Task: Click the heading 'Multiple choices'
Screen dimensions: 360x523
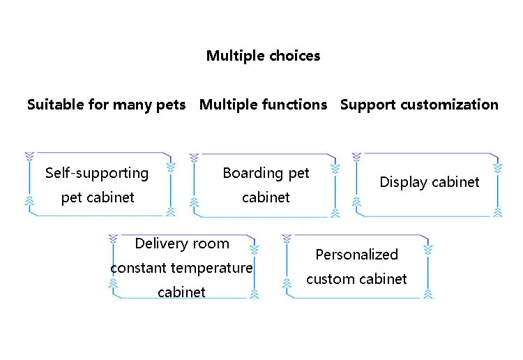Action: [263, 56]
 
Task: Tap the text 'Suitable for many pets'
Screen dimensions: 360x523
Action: [106, 105]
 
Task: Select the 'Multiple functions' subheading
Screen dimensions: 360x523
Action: [263, 105]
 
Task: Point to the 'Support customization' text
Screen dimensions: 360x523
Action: [419, 105]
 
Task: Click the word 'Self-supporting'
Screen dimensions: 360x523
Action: [97, 173]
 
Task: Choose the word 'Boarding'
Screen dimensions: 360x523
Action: [252, 173]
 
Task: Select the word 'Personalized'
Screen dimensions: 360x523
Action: [356, 255]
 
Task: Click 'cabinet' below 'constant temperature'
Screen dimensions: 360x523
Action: [181, 292]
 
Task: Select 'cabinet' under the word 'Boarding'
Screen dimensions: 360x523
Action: [266, 197]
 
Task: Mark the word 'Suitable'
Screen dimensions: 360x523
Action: [56, 105]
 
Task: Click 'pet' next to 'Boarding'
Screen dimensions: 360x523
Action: [298, 173]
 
